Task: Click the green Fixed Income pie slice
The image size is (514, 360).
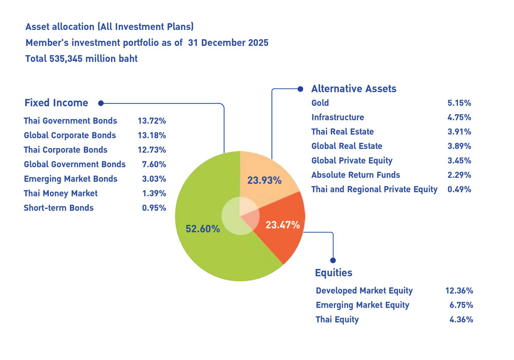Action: pyautogui.click(x=206, y=247)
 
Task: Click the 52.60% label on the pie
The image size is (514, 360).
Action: pyautogui.click(x=203, y=228)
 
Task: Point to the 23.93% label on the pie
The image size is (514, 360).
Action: pyautogui.click(x=265, y=181)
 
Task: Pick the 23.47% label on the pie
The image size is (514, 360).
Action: pyautogui.click(x=282, y=224)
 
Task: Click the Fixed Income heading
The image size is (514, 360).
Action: pyautogui.click(x=56, y=103)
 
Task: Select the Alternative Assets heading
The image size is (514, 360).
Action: pyautogui.click(x=354, y=88)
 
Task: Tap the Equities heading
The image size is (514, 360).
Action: pyautogui.click(x=333, y=273)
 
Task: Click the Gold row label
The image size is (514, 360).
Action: pyautogui.click(x=320, y=103)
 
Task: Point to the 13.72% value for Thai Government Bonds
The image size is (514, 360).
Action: pyautogui.click(x=152, y=121)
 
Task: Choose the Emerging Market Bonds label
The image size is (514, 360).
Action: pyautogui.click(x=70, y=179)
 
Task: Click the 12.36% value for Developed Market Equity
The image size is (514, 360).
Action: pyautogui.click(x=459, y=291)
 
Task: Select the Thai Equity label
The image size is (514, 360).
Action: pyautogui.click(x=337, y=319)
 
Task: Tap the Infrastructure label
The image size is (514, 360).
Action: pyautogui.click(x=337, y=117)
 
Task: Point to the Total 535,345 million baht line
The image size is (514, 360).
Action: pyautogui.click(x=81, y=59)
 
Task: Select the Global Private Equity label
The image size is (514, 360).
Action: pyautogui.click(x=352, y=160)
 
